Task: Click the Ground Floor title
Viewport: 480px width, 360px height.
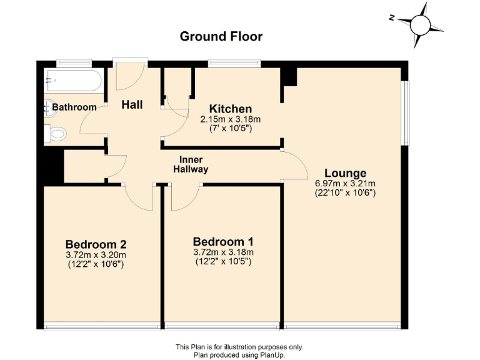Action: tap(221, 36)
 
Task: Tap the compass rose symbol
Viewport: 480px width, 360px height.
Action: tap(421, 25)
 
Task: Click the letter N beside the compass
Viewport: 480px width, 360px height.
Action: tap(391, 19)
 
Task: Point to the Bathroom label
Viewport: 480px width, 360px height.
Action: tap(74, 107)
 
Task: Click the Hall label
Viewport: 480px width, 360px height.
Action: tap(132, 104)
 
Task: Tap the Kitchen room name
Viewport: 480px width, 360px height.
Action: tap(231, 109)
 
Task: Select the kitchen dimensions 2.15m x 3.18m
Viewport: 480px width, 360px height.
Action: tap(230, 119)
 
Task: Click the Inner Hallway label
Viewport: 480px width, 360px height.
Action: tap(191, 164)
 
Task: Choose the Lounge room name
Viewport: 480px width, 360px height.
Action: tap(345, 173)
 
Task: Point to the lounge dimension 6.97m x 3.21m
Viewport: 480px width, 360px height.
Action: tap(345, 184)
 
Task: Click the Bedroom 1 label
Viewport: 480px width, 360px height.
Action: tap(223, 242)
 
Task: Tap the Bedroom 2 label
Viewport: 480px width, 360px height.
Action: tap(96, 244)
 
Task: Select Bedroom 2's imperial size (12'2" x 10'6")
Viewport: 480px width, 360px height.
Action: tap(96, 264)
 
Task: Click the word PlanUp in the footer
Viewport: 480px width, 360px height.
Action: tap(275, 354)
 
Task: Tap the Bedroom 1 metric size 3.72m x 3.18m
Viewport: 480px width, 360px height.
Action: tap(223, 252)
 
